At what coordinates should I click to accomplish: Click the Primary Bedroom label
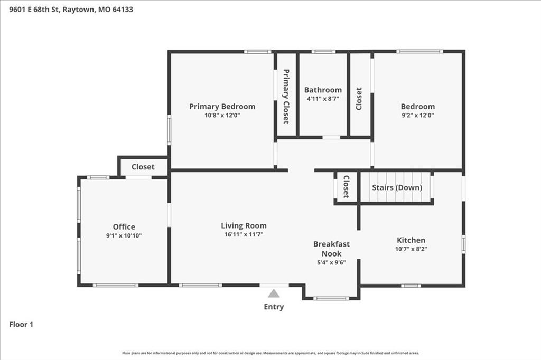[x=222, y=107]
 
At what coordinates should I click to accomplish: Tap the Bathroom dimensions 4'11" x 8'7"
[x=323, y=99]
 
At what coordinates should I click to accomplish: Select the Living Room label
[x=244, y=225]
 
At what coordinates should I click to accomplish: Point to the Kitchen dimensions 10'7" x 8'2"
[x=411, y=249]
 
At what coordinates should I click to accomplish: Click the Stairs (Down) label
[x=397, y=187]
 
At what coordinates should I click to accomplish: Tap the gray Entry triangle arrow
[x=274, y=293]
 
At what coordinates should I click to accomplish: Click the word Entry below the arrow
[x=274, y=307]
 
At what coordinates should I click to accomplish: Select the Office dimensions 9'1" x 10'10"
[x=124, y=236]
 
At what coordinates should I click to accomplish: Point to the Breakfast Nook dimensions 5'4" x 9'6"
[x=331, y=262]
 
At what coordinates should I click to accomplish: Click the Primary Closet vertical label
[x=286, y=97]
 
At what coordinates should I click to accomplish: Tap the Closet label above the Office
[x=143, y=167]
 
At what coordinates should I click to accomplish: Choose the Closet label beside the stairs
[x=346, y=186]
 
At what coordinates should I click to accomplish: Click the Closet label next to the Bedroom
[x=359, y=99]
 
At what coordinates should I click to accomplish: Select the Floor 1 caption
[x=21, y=325]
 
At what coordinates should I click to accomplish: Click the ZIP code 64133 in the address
[x=123, y=10]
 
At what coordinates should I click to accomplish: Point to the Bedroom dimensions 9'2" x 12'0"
[x=417, y=116]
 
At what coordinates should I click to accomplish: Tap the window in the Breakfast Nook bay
[x=331, y=298]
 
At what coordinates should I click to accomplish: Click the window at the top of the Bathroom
[x=323, y=52]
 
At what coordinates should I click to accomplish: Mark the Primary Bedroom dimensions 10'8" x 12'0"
[x=222, y=116]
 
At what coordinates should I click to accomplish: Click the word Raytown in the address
[x=78, y=10]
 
